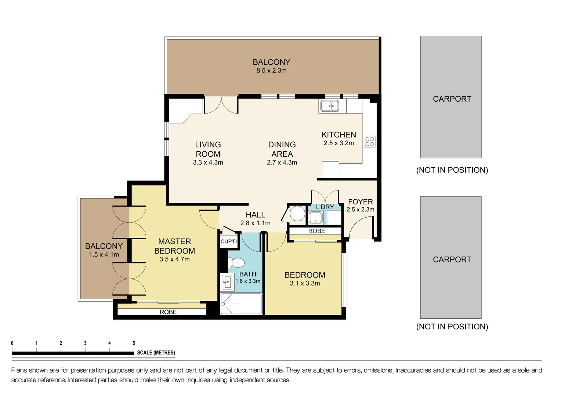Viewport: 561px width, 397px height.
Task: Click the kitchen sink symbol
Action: click(x=329, y=106)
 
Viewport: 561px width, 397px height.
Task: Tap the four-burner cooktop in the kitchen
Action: click(x=369, y=142)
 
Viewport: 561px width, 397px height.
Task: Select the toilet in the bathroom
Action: click(x=237, y=263)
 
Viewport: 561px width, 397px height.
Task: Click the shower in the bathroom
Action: click(x=241, y=304)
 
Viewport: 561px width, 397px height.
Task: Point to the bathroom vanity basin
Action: click(x=226, y=282)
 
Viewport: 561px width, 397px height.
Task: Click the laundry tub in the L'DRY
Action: click(x=315, y=218)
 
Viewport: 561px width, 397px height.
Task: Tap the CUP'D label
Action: click(x=229, y=242)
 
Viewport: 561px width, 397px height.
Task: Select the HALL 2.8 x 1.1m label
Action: click(x=256, y=223)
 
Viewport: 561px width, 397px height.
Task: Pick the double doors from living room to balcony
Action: click(x=221, y=105)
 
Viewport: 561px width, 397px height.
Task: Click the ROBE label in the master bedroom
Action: click(x=168, y=312)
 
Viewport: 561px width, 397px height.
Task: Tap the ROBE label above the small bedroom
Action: click(x=316, y=231)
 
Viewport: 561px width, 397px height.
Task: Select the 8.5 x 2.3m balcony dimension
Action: click(x=271, y=71)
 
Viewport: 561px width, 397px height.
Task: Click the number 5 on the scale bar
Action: click(x=134, y=343)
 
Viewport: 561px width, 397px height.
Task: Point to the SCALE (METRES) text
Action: click(x=156, y=353)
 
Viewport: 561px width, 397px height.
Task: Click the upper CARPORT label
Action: click(x=452, y=99)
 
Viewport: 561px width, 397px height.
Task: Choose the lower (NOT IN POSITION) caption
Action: click(x=452, y=326)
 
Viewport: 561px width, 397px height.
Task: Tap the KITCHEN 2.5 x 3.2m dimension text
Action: click(x=339, y=143)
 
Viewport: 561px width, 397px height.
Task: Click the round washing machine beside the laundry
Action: click(x=297, y=214)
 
